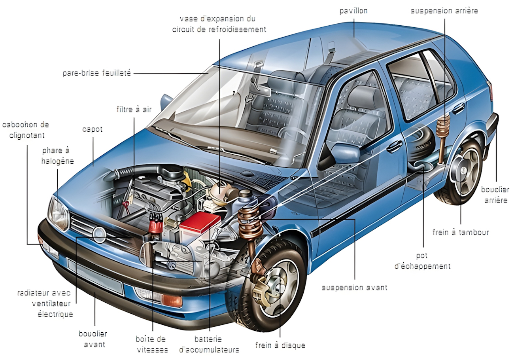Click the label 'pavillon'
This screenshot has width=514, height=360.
coord(353,11)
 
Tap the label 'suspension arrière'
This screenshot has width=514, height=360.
coord(444,11)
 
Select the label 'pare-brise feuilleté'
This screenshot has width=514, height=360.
coord(96,73)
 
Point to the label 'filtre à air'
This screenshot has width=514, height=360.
coord(134,109)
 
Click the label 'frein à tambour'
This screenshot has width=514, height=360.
coord(460,232)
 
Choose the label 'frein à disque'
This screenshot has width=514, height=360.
coord(280,345)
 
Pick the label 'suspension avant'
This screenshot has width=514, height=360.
coord(354,288)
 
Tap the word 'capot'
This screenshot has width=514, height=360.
coord(92,129)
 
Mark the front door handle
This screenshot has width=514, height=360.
coord(394,147)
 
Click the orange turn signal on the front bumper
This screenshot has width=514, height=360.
coord(172,300)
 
